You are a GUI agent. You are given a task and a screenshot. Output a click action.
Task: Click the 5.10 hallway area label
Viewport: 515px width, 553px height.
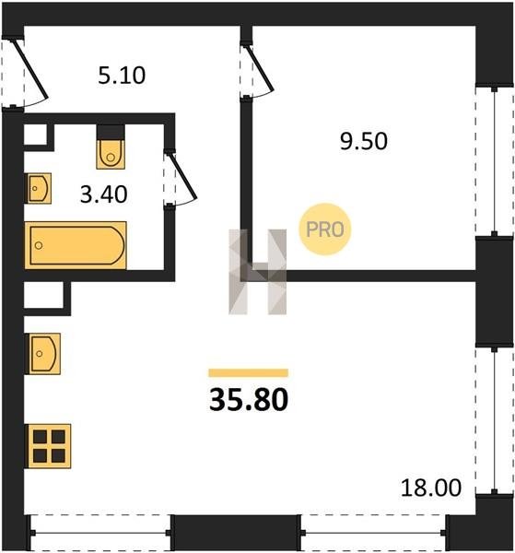coord(122,76)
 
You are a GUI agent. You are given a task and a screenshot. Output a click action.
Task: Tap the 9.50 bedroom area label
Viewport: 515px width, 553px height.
coord(363,141)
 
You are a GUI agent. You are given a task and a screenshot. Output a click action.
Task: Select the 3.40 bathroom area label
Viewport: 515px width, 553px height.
coord(103,194)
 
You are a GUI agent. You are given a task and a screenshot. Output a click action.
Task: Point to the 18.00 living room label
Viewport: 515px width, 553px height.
coord(431,488)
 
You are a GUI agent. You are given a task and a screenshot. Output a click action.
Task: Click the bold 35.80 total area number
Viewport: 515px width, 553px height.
coord(249,400)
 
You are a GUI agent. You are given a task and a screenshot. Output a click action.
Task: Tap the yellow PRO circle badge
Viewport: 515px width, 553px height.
coord(325,229)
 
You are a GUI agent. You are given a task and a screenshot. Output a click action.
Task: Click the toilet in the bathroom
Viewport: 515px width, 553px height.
coord(111,154)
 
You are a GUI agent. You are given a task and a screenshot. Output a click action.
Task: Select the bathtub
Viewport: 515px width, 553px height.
coord(76,245)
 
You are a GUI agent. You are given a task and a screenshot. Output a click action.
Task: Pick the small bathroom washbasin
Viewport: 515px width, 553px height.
coord(39,188)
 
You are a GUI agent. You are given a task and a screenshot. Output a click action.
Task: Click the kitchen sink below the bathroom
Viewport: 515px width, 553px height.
coord(43,354)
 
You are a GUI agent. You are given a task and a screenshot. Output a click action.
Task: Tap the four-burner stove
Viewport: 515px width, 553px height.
coord(49,446)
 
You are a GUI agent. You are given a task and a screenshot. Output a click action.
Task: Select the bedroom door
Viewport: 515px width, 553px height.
coord(257,71)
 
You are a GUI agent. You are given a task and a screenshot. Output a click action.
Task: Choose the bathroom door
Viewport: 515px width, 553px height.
coord(180,178)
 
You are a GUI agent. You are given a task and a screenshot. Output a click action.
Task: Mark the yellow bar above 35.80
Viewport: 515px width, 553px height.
coord(249,372)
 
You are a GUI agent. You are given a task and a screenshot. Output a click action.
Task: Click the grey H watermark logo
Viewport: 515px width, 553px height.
coord(258,272)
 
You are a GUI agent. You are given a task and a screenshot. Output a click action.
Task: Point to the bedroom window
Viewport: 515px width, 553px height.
coord(494,161)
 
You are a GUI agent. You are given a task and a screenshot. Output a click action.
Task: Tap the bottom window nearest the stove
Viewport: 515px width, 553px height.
coord(100,534)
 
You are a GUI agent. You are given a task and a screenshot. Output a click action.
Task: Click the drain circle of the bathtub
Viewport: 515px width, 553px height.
coord(39,245)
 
